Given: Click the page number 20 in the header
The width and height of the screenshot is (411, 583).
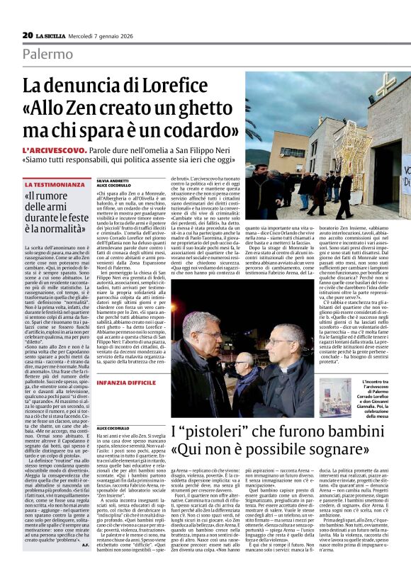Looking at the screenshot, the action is coord(27,35).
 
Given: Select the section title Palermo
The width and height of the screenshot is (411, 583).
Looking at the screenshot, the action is coord(47,54).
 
